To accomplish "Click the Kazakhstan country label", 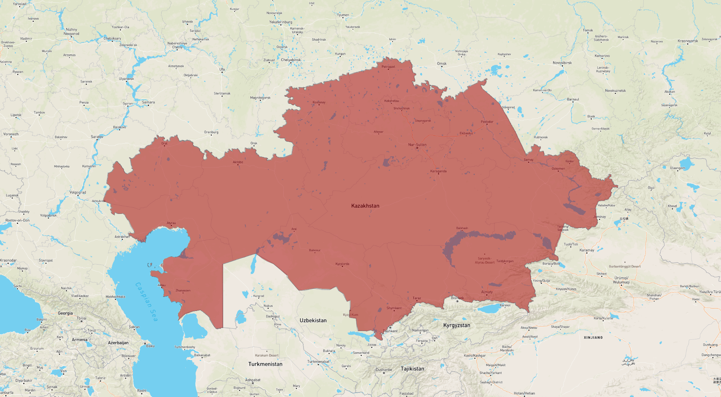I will coord(365,206).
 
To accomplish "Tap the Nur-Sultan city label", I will coord(417,145).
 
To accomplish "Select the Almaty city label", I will coord(487,292).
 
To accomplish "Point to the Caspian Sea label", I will coord(146,302).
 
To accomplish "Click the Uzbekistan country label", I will coord(313,320).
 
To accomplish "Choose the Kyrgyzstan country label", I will coord(457,325).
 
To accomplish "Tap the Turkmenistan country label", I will coord(265,364).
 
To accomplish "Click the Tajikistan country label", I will coord(412,369).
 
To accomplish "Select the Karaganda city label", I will coord(438,171).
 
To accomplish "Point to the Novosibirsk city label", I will coord(562,63).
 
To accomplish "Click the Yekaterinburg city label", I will coord(280,22).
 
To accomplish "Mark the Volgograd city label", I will coord(78,192).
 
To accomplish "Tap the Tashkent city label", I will coord(390,331).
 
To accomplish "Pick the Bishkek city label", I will coord(457,298).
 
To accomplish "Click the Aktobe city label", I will coord(238,162).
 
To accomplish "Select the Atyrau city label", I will coord(171,223).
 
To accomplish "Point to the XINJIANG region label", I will coord(593,337).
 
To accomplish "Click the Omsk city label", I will coord(442,64).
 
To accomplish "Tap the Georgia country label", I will coord(65,313).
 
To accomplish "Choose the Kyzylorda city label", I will coord(342,264).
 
